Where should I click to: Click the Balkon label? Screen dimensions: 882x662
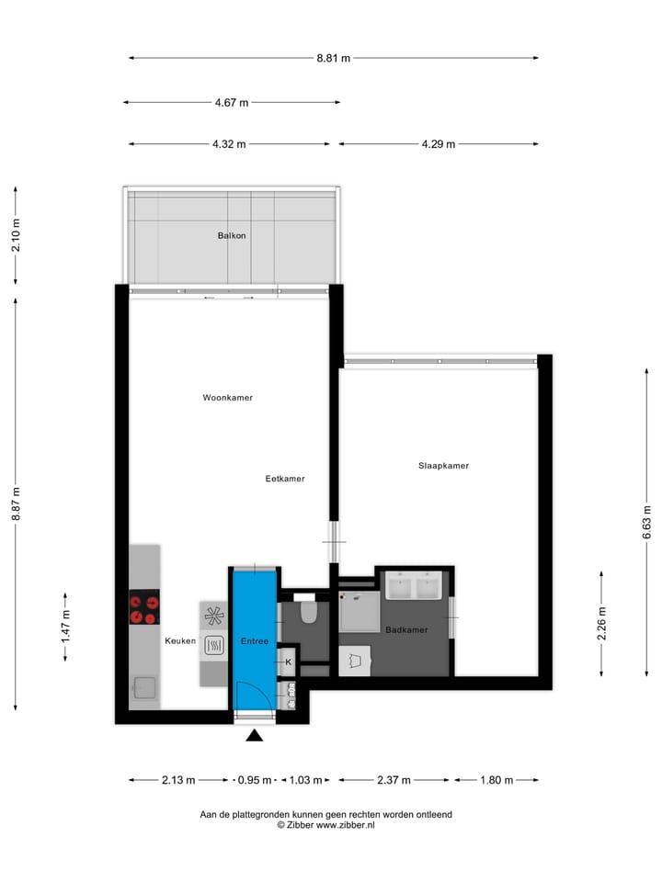click(x=232, y=236)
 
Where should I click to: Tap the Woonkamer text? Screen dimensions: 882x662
click(x=228, y=398)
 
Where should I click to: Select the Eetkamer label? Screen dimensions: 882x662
click(x=285, y=479)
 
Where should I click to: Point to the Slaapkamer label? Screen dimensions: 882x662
click(x=443, y=466)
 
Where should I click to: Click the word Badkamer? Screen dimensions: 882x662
click(x=406, y=630)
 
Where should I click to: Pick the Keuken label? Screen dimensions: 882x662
click(x=180, y=641)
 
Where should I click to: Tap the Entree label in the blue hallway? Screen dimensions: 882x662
click(x=255, y=641)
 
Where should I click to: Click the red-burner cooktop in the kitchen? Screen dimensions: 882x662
click(x=144, y=607)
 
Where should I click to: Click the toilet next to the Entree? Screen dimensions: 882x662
click(x=308, y=612)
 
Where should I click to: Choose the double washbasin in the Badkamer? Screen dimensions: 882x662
click(x=416, y=585)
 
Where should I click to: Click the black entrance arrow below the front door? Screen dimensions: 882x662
click(x=255, y=734)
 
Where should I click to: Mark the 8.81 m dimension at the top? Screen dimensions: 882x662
click(x=333, y=58)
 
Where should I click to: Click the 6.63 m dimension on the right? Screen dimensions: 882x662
click(x=646, y=522)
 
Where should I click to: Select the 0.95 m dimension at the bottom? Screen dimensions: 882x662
click(x=255, y=780)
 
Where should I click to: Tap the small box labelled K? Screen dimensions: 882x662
click(x=288, y=661)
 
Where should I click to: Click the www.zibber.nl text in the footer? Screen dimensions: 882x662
click(x=345, y=825)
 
